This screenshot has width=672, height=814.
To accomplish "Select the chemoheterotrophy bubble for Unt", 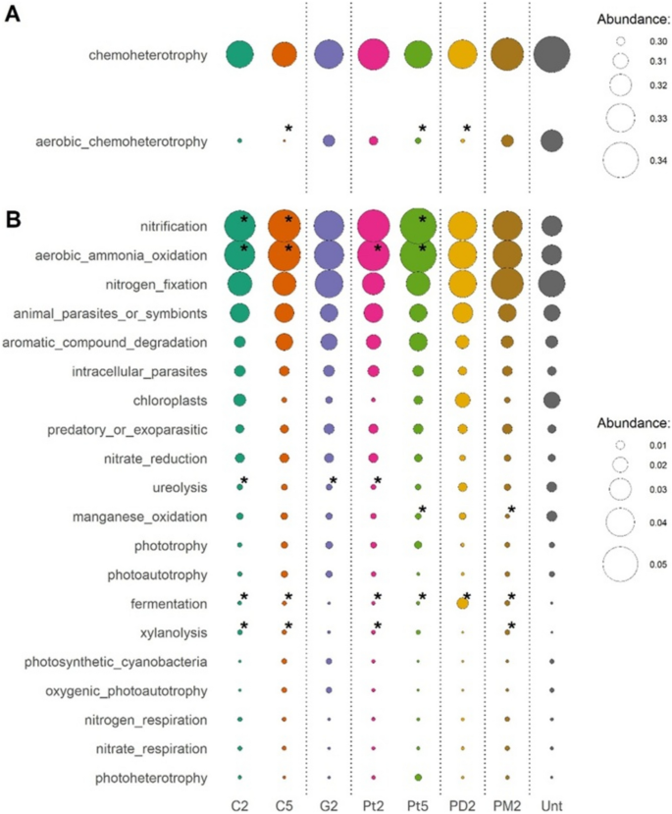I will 552,55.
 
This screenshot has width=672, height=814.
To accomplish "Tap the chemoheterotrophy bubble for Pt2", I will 374,55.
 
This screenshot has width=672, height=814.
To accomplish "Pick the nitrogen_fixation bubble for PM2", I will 507,284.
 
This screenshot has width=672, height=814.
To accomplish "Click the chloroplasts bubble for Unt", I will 552,401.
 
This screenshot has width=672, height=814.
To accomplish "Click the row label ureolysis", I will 180,487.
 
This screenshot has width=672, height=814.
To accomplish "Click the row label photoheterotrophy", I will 153,778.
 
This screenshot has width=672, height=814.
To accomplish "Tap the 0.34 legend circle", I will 621,161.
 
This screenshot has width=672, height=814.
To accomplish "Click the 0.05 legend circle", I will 621,565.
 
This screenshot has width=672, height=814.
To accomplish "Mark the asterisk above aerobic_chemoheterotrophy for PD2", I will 467,129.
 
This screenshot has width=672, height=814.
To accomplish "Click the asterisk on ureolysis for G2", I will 334,480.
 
